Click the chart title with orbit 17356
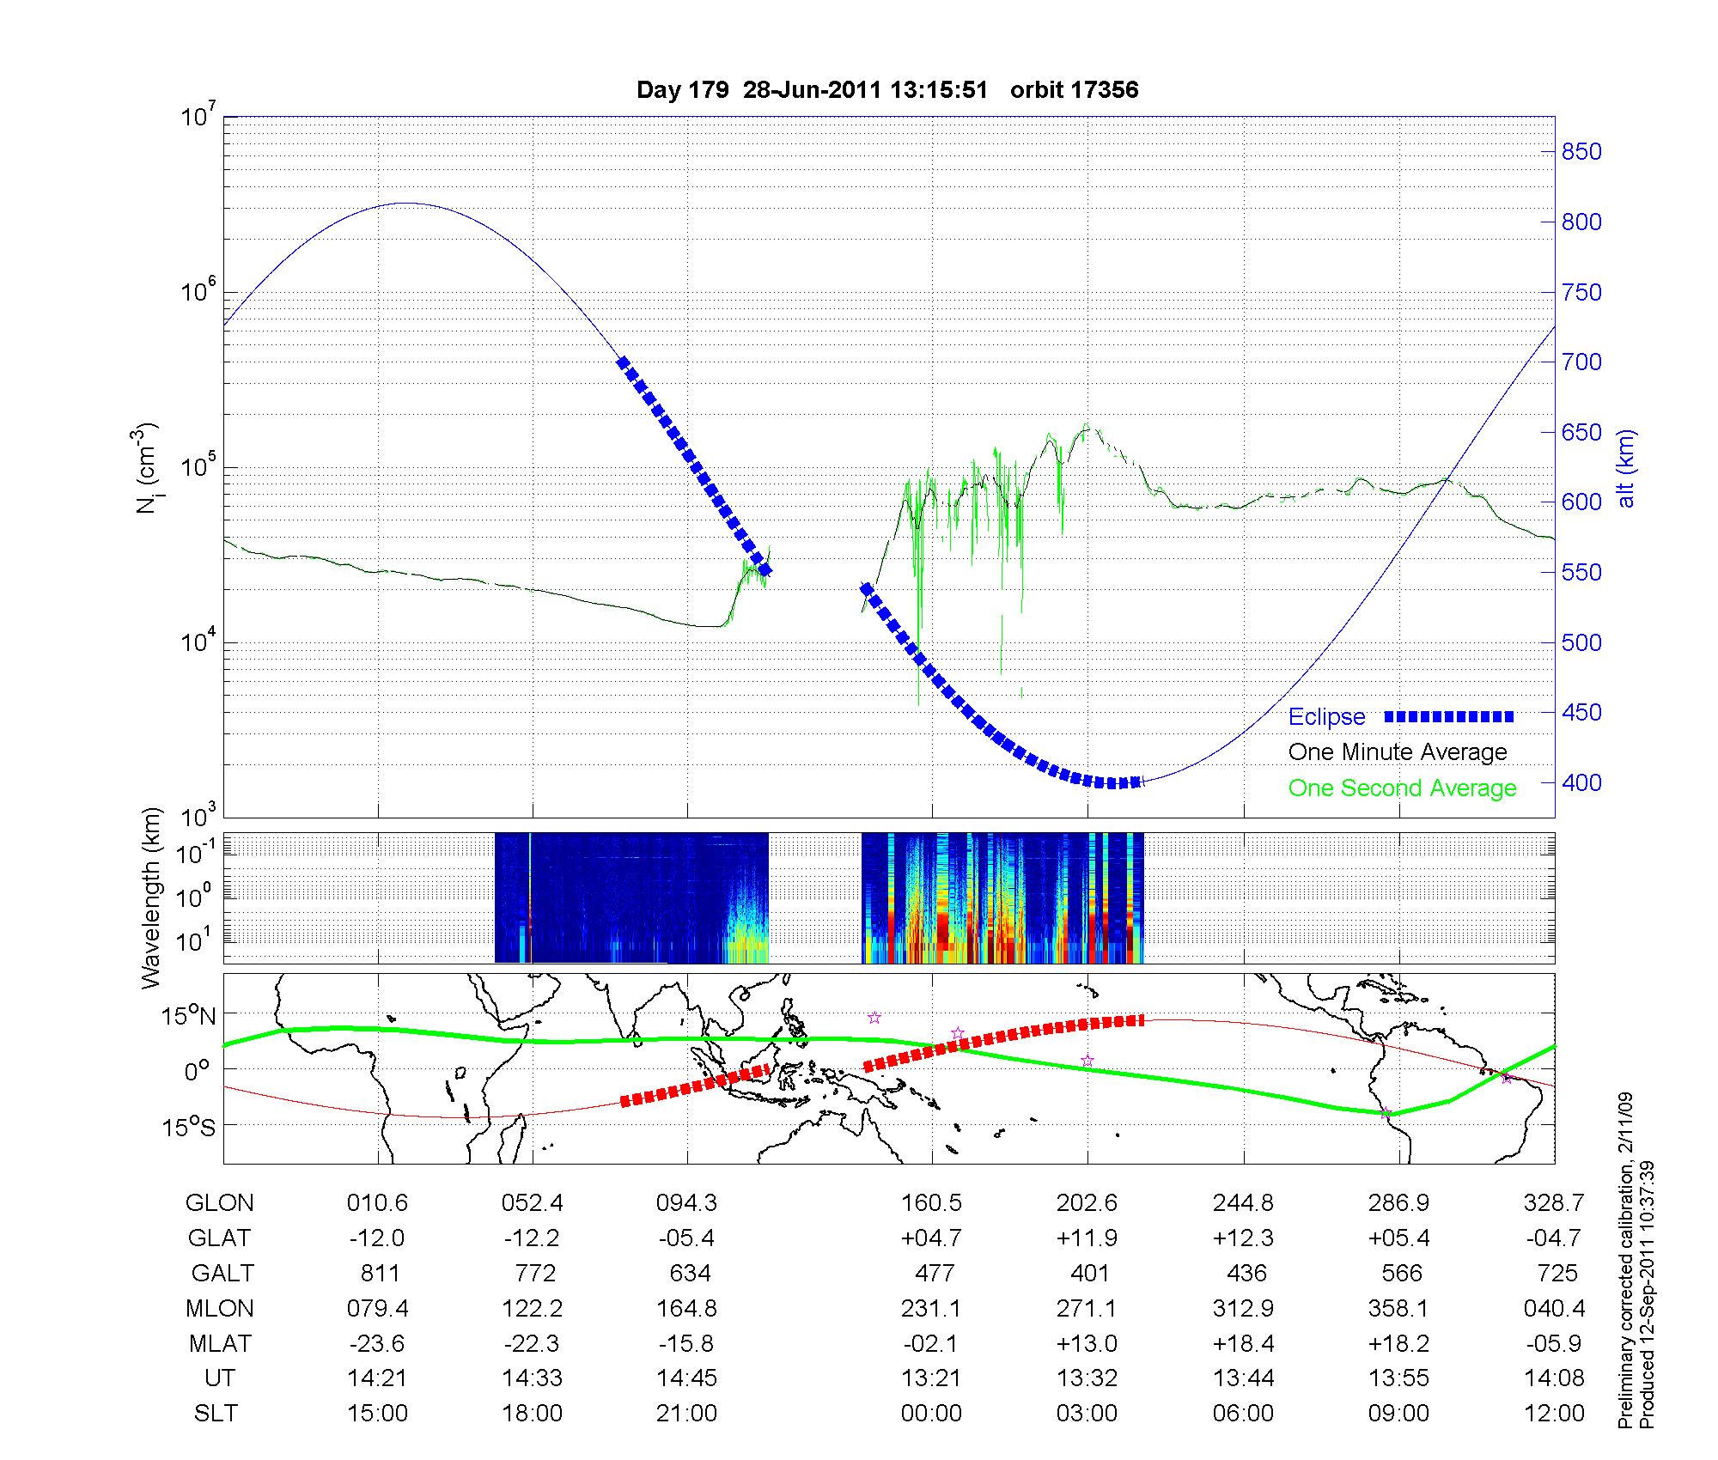(887, 90)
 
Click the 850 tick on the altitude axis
(1581, 152)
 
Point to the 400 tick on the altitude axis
(1581, 782)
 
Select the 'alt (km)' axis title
(1626, 468)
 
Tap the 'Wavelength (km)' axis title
(151, 898)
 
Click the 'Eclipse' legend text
(1326, 717)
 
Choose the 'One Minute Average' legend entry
(1398, 752)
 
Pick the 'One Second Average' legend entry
(1402, 788)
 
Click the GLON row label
(220, 1203)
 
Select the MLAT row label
(220, 1343)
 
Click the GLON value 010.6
(377, 1203)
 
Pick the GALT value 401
(1089, 1273)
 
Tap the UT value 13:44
(1244, 1378)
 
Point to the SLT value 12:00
(1554, 1414)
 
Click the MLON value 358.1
(1398, 1308)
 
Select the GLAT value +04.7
(931, 1238)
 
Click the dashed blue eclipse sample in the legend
(1449, 716)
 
